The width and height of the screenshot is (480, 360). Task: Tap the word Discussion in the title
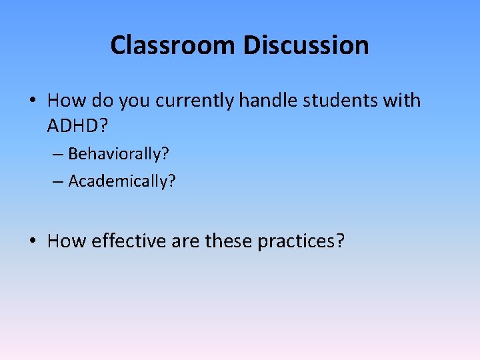305,45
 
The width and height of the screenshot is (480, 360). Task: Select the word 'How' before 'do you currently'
63,101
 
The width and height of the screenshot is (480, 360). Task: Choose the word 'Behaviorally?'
119,155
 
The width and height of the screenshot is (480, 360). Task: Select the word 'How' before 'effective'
63,241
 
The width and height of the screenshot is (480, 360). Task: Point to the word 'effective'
127,241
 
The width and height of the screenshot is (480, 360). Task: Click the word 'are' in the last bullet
186,241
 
